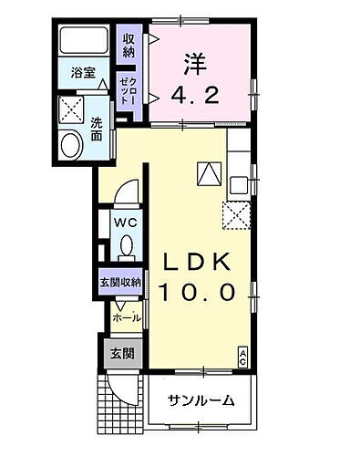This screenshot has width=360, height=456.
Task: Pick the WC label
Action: tap(125, 222)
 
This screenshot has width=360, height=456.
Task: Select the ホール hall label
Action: tap(126, 317)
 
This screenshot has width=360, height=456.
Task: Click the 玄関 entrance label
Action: tap(120, 353)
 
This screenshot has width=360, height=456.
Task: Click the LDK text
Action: tap(199, 263)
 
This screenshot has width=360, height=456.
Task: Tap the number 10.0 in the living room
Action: tap(199, 293)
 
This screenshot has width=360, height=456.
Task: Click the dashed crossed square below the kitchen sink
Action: tap(238, 215)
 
